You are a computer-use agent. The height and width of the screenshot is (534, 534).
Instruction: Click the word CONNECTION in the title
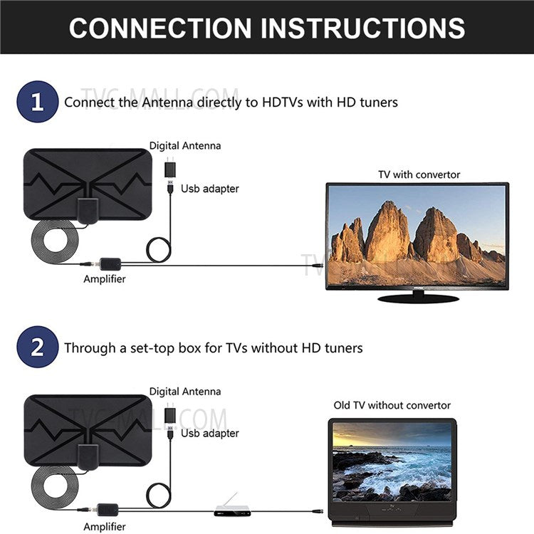pyautogui.click(x=160, y=28)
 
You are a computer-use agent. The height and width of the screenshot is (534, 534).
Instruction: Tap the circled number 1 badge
pyautogui.click(x=36, y=102)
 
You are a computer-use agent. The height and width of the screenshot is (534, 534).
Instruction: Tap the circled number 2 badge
pyautogui.click(x=36, y=347)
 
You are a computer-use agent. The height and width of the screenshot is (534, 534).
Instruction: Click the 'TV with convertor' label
pyautogui.click(x=419, y=174)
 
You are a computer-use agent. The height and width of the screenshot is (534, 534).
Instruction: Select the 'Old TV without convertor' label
pyautogui.click(x=392, y=405)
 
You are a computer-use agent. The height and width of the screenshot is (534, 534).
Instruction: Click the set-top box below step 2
pyautogui.click(x=232, y=511)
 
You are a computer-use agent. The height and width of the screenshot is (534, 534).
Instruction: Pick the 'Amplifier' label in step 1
pyautogui.click(x=104, y=279)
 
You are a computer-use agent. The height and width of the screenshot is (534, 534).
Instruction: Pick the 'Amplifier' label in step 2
pyautogui.click(x=104, y=527)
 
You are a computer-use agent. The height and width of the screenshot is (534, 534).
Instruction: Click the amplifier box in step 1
pyautogui.click(x=110, y=263)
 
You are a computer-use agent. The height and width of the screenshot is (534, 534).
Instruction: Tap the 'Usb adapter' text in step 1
pyautogui.click(x=209, y=189)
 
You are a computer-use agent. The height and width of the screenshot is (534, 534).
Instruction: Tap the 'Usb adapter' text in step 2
pyautogui.click(x=209, y=433)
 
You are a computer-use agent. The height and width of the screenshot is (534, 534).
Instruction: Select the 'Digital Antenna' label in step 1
pyautogui.click(x=185, y=146)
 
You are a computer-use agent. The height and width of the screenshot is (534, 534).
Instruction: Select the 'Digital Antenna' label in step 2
pyautogui.click(x=185, y=392)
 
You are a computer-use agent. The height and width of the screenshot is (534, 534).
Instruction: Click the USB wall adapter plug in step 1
pyautogui.click(x=172, y=172)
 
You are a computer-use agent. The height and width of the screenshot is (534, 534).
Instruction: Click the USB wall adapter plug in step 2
pyautogui.click(x=172, y=417)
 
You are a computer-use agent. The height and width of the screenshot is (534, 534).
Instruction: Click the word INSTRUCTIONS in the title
pyautogui.click(x=363, y=28)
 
